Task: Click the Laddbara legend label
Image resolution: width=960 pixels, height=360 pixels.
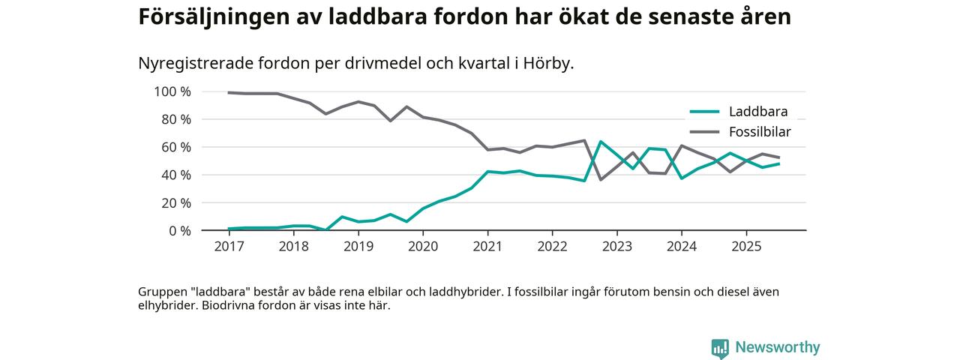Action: (758, 112)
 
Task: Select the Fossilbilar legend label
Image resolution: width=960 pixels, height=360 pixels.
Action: (760, 132)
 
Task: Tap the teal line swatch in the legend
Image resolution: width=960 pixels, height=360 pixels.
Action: (704, 112)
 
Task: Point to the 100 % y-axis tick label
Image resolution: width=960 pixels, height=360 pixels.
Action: (173, 91)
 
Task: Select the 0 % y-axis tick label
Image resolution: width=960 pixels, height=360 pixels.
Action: (180, 230)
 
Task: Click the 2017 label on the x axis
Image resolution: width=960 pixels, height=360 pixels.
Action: (229, 246)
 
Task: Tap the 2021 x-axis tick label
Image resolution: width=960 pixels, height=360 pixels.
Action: (487, 246)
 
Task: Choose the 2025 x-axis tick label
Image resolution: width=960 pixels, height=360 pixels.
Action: (746, 246)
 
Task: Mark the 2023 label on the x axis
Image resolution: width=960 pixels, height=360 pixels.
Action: (616, 246)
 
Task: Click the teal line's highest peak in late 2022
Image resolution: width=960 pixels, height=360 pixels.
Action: (600, 142)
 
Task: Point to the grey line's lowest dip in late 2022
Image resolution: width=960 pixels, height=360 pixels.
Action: (600, 179)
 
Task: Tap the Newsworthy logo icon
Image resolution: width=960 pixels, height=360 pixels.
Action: (720, 348)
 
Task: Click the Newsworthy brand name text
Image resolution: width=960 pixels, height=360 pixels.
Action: (778, 348)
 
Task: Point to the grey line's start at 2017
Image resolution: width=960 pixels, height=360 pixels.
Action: (229, 92)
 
